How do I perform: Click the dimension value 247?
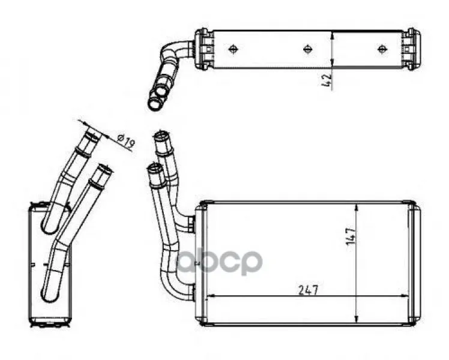tap(309, 290)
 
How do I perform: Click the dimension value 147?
tap(351, 236)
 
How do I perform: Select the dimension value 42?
tap(327, 80)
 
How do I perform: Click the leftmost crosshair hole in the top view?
tap(234, 49)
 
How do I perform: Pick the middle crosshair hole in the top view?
tap(307, 49)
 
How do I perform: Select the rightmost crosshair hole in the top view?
tap(382, 49)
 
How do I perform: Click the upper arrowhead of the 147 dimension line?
tap(356, 209)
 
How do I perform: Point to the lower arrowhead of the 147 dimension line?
tap(356, 317)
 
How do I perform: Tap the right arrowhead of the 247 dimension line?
tap(405, 296)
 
